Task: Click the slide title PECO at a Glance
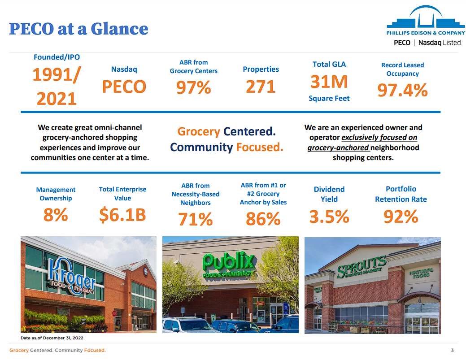coord(78,29)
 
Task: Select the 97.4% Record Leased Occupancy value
coord(402,90)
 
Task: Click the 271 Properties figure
coord(261,87)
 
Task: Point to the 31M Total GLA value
coord(329,82)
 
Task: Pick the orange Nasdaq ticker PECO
coord(124,87)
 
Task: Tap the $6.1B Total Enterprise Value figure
coord(122,215)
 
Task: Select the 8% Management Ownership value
coord(56,215)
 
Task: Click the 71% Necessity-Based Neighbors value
coord(196,219)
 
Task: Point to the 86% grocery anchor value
coord(263,219)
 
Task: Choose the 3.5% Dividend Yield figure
coord(329,217)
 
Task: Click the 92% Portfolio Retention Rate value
coord(401,217)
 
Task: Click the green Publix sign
coord(229,264)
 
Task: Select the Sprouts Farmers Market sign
coord(361,267)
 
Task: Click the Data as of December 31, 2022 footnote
coord(52,338)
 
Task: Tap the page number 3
coord(452,350)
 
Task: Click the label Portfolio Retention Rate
coord(401,194)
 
